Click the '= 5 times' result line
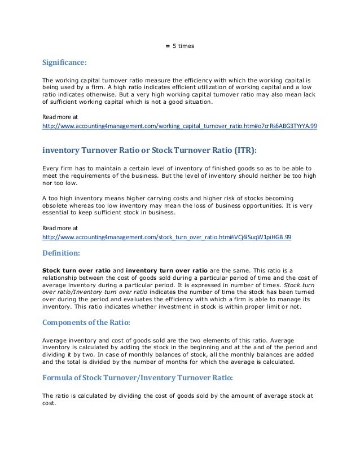(179, 45)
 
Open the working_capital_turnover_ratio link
(180, 127)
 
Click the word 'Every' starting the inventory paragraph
(52, 168)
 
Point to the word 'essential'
(58, 213)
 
